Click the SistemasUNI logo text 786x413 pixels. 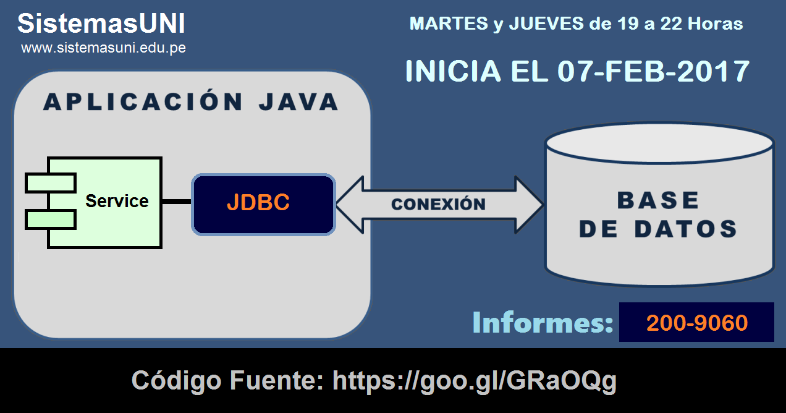(x=101, y=24)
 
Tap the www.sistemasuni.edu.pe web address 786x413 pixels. (x=103, y=48)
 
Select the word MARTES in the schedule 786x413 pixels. (x=449, y=24)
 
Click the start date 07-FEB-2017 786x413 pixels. (x=653, y=71)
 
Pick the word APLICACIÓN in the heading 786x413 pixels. (x=143, y=102)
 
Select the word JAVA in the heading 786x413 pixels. (x=298, y=102)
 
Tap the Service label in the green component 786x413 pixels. (x=117, y=201)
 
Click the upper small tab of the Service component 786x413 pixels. (x=50, y=183)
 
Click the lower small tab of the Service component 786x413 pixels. (x=50, y=219)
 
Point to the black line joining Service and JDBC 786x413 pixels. (x=177, y=202)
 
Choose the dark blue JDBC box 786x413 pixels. (x=263, y=204)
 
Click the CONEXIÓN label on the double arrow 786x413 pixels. (x=438, y=204)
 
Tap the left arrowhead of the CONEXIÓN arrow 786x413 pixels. (x=349, y=204)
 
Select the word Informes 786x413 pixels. (x=543, y=323)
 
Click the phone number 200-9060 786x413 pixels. (x=696, y=323)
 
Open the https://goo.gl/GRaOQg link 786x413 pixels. (x=475, y=381)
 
